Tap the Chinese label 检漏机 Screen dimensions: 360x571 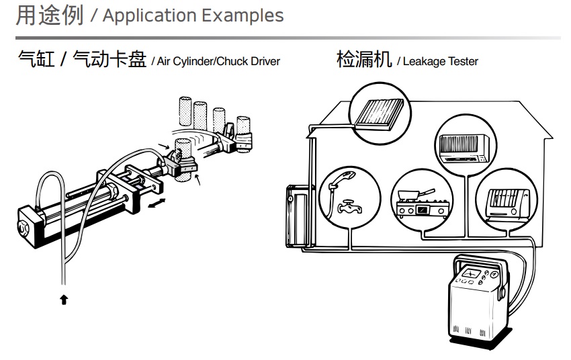point(363,60)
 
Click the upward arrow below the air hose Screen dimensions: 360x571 point(64,300)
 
